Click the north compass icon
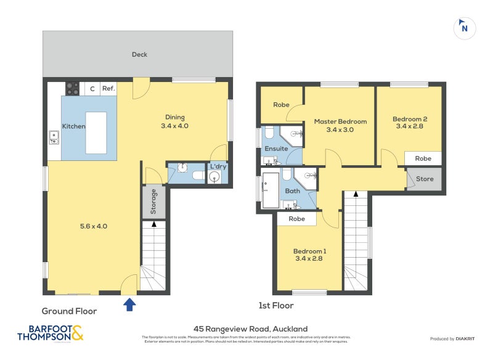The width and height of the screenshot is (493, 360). click(x=465, y=28)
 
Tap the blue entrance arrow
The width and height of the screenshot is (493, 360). click(x=130, y=305)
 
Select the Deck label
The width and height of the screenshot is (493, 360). click(x=139, y=54)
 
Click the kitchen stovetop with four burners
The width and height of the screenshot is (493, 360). click(x=73, y=89)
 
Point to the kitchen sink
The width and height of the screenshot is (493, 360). click(x=54, y=137)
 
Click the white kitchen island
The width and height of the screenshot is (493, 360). click(x=96, y=132)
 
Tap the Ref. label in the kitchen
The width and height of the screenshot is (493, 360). click(x=108, y=89)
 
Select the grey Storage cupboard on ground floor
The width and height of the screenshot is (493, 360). click(x=153, y=202)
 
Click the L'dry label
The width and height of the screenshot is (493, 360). click(x=218, y=166)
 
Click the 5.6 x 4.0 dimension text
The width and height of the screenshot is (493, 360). click(x=94, y=226)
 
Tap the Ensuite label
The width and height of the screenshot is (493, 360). click(x=276, y=149)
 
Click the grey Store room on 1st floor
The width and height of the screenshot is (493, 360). click(x=424, y=179)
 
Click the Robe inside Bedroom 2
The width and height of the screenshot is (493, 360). click(x=423, y=158)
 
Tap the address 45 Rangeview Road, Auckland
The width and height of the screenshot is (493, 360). click(x=250, y=329)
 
